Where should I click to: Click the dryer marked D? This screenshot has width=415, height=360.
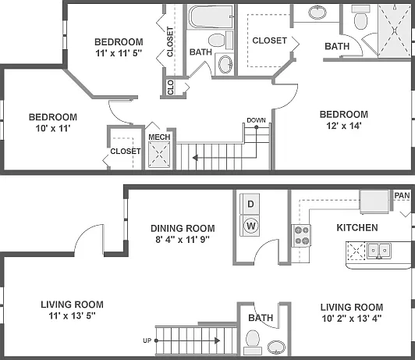pyautogui.click(x=250, y=204)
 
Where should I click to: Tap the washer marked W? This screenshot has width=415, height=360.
pyautogui.click(x=250, y=226)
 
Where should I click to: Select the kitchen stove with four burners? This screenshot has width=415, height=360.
pyautogui.click(x=301, y=236)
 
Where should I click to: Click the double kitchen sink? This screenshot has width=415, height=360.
pyautogui.click(x=379, y=250)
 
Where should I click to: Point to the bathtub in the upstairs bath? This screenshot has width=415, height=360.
pyautogui.click(x=211, y=16)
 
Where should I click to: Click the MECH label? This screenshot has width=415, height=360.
pyautogui.click(x=159, y=137)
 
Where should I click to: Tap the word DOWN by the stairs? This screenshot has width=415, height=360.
pyautogui.click(x=256, y=120)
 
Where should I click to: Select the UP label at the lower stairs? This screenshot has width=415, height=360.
pyautogui.click(x=147, y=340)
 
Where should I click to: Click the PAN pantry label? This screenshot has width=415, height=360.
pyautogui.click(x=402, y=195)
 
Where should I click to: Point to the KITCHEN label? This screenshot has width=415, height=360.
pyautogui.click(x=357, y=228)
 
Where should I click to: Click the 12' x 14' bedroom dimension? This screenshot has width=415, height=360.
pyautogui.click(x=343, y=126)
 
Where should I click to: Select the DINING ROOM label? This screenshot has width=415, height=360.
pyautogui.click(x=183, y=228)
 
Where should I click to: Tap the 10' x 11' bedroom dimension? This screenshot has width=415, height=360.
pyautogui.click(x=53, y=129)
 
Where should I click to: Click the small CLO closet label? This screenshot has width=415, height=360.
pyautogui.click(x=170, y=87)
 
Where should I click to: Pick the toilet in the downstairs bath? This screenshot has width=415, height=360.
pyautogui.click(x=253, y=341)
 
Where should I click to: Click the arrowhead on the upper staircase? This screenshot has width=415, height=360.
pyautogui.click(x=195, y=158)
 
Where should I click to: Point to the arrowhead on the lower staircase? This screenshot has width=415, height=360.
pyautogui.click(x=218, y=340)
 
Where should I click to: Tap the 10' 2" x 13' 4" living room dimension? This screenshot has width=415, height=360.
pyautogui.click(x=352, y=319)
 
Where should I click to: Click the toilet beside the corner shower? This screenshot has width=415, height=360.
pyautogui.click(x=360, y=18)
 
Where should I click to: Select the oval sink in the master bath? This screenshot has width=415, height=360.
pyautogui.click(x=317, y=12)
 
